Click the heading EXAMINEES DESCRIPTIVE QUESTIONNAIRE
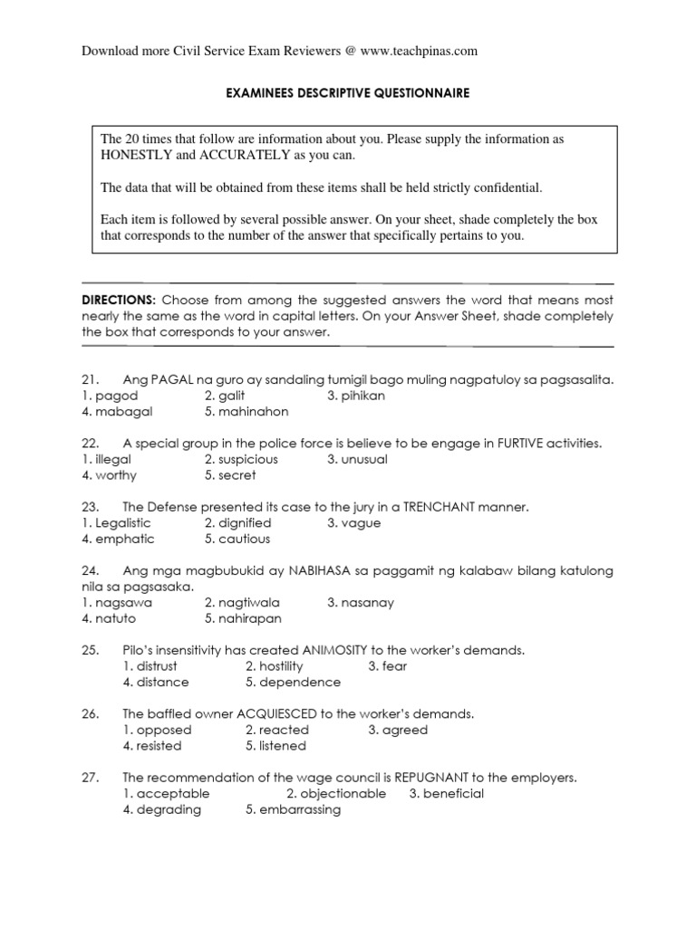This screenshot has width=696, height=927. pyautogui.click(x=347, y=92)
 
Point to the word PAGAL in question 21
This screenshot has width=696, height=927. pyautogui.click(x=173, y=379)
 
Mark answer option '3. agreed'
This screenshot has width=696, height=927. pyautogui.click(x=398, y=730)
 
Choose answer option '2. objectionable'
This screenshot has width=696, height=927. pyautogui.click(x=335, y=793)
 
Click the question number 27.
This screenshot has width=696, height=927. pyautogui.click(x=90, y=778)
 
